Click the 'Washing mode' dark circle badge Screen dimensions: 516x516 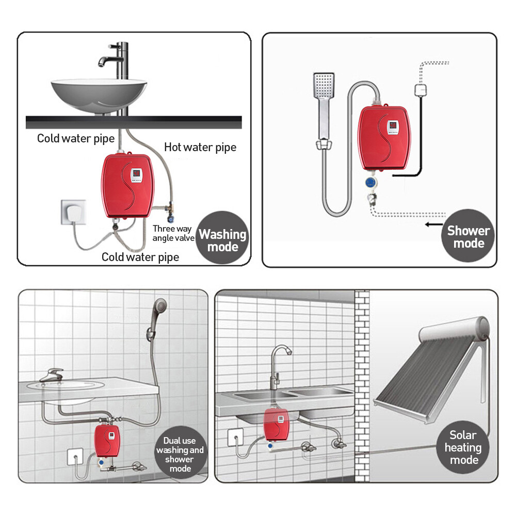click(x=223, y=240)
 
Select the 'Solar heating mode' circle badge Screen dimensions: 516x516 click(x=462, y=447)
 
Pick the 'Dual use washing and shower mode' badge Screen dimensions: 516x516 click(x=180, y=454)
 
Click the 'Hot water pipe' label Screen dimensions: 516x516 click(x=200, y=147)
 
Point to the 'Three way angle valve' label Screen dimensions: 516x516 click(x=172, y=233)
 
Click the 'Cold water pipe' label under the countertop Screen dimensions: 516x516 click(x=76, y=138)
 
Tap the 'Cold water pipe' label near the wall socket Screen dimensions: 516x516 click(x=140, y=257)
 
